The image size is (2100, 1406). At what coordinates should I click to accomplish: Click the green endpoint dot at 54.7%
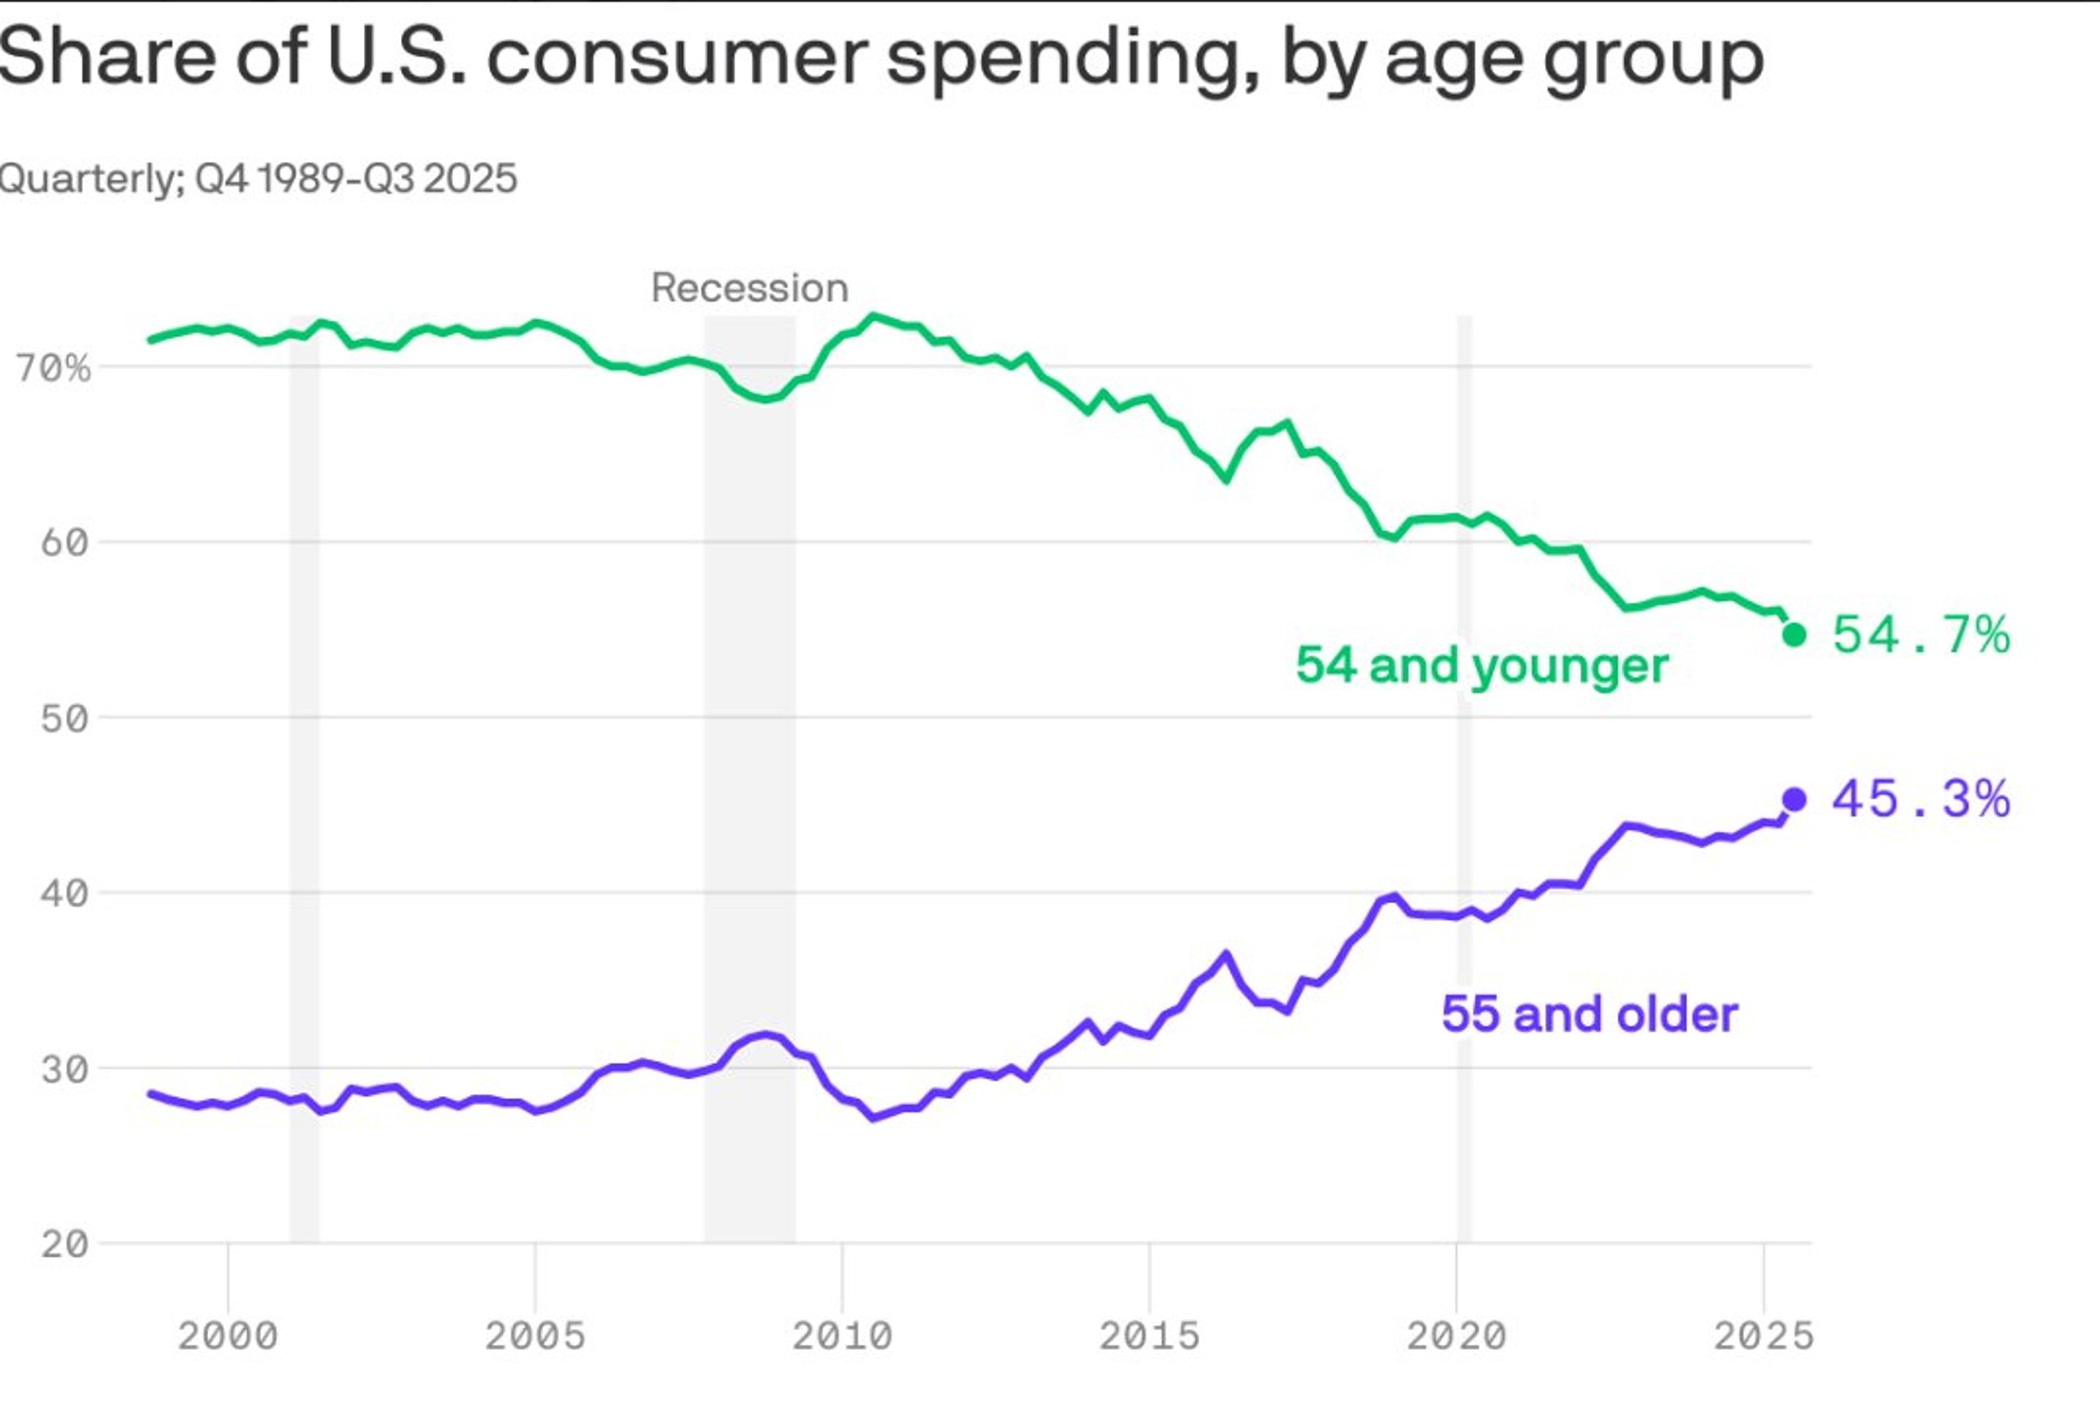[x=1793, y=635]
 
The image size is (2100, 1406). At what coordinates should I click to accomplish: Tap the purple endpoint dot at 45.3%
[x=1793, y=799]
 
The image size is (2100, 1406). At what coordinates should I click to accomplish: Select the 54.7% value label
[x=1921, y=635]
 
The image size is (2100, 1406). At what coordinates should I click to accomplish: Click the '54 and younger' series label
[x=1481, y=666]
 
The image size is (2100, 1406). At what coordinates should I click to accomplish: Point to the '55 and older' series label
[x=1589, y=1014]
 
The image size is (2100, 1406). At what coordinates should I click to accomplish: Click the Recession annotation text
[x=750, y=288]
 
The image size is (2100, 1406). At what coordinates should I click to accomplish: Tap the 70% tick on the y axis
[x=54, y=367]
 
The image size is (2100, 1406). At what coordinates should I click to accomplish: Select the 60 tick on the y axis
[x=65, y=542]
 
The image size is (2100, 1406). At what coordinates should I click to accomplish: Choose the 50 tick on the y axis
[x=65, y=718]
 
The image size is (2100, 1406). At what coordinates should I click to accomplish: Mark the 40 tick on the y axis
[x=65, y=893]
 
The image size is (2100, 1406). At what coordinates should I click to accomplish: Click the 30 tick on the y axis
[x=65, y=1069]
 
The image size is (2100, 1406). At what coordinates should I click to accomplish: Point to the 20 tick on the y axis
[x=65, y=1244]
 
